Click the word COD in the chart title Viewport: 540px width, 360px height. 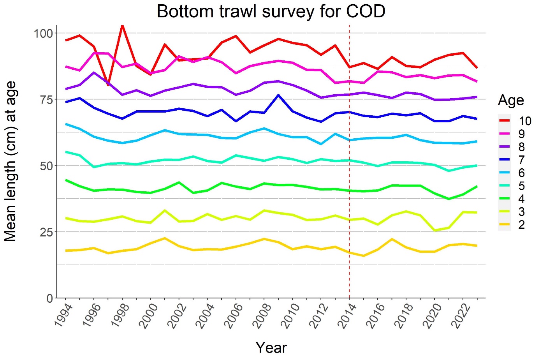365,12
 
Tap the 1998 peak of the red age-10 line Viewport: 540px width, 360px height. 122,26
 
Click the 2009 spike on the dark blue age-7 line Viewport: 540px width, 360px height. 278,95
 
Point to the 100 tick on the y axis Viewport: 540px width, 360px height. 43,33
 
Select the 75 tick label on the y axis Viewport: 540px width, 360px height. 46,99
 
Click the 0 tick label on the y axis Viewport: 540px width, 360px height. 50,298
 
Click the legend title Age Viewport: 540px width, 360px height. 511,101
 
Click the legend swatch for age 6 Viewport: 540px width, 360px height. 504,173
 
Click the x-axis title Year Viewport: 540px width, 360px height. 271,348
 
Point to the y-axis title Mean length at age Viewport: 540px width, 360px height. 11,161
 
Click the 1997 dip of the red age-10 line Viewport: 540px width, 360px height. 108,85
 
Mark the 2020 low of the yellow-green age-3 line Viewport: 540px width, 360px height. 434,230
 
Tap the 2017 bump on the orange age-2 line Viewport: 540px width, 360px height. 392,239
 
